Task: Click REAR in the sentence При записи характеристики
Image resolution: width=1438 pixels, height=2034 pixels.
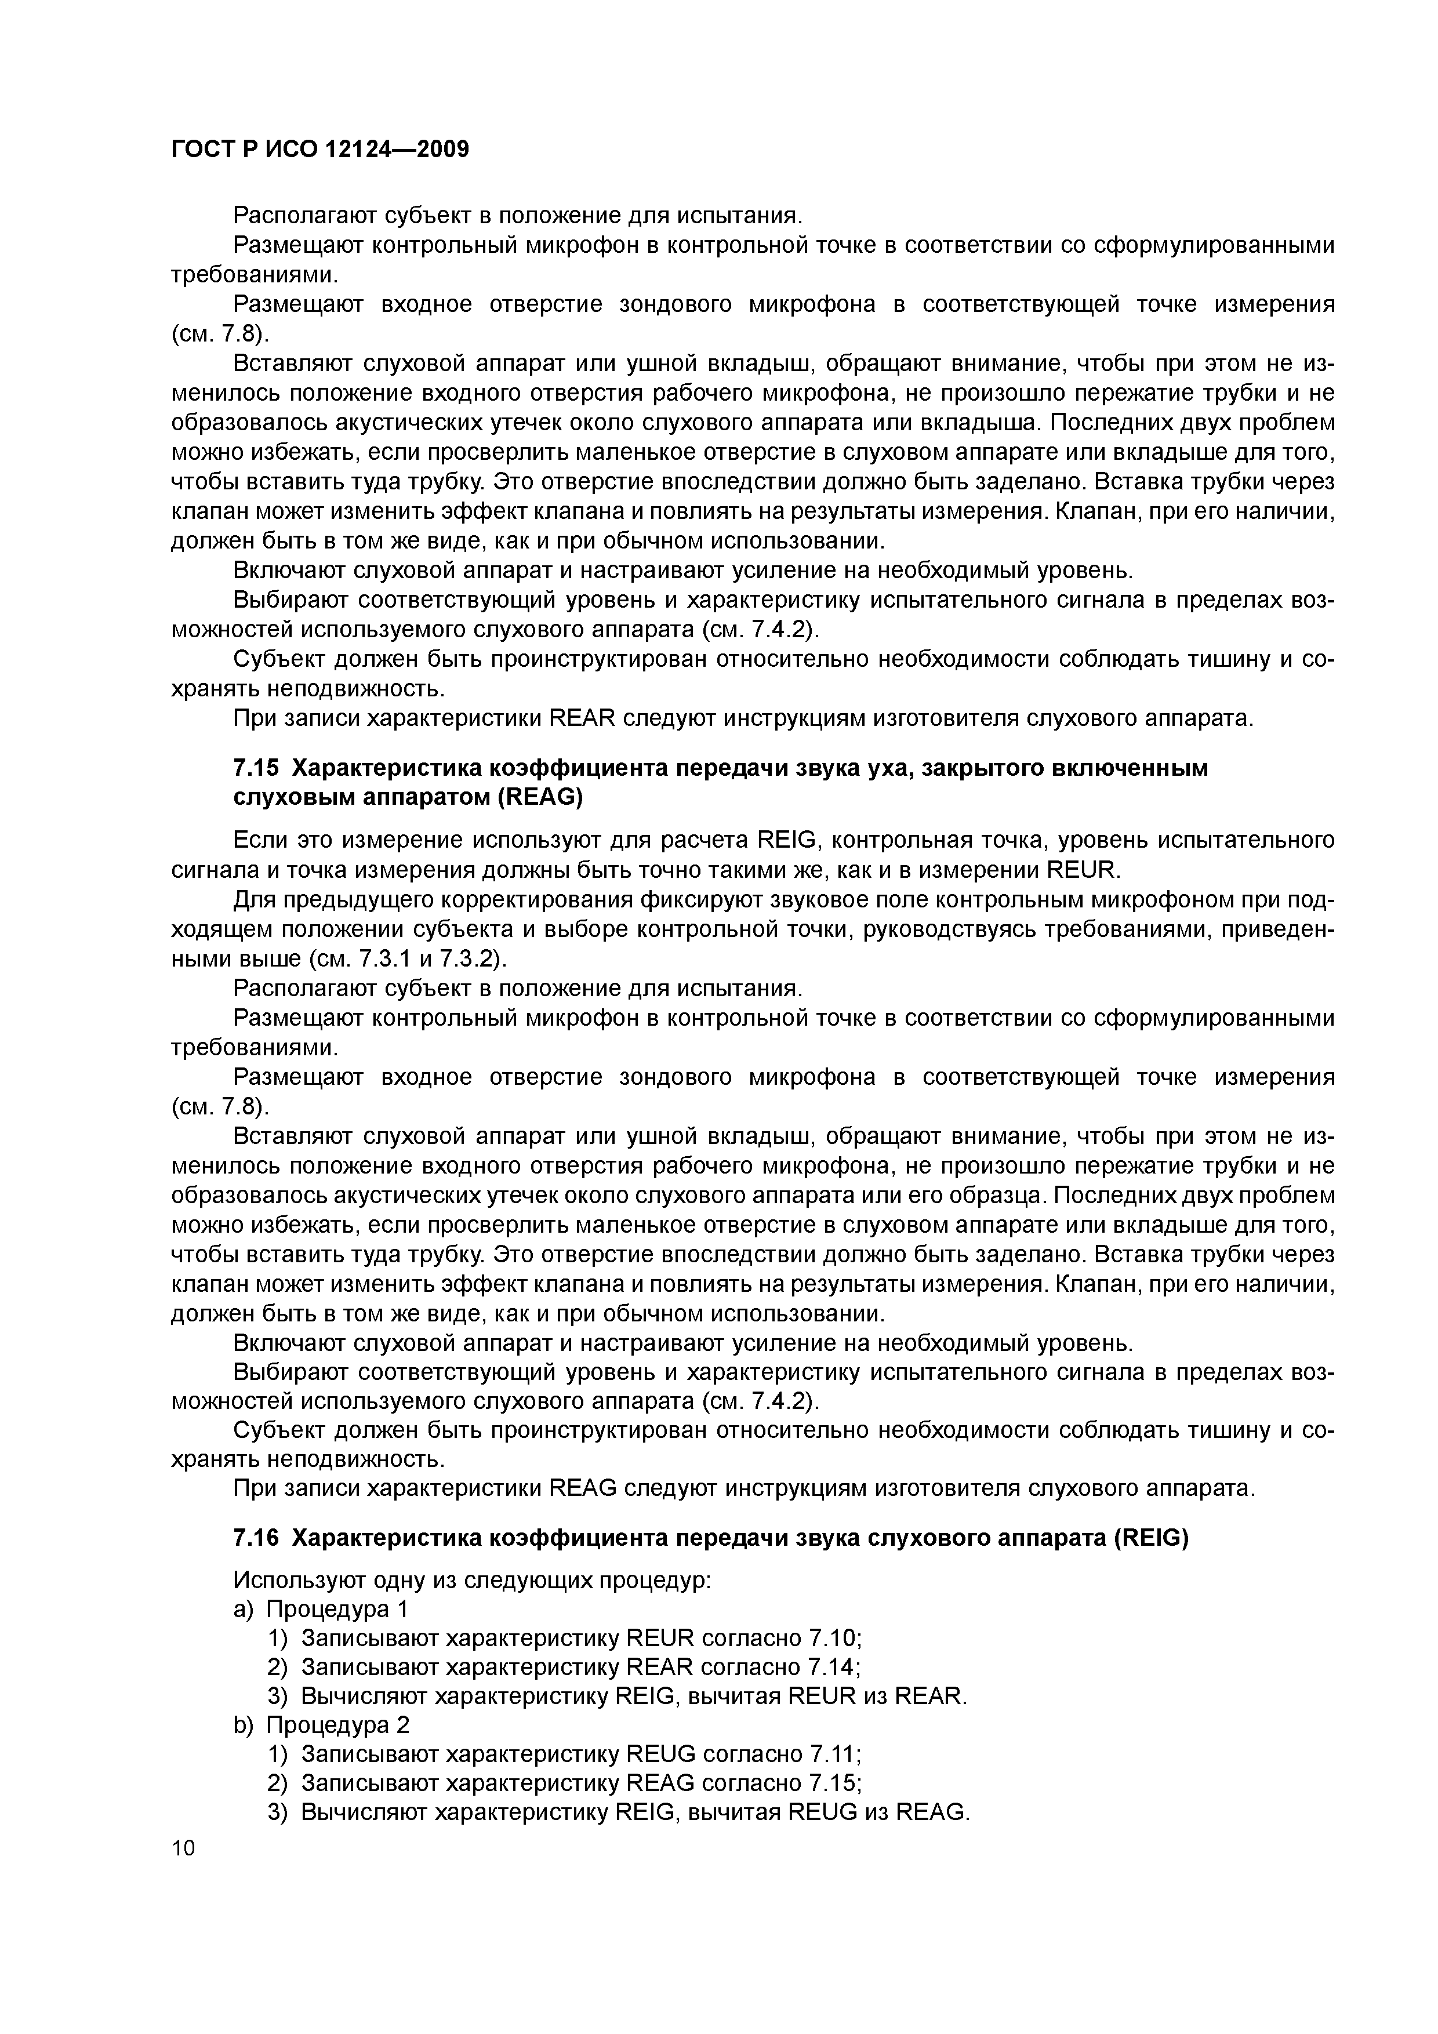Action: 581,718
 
